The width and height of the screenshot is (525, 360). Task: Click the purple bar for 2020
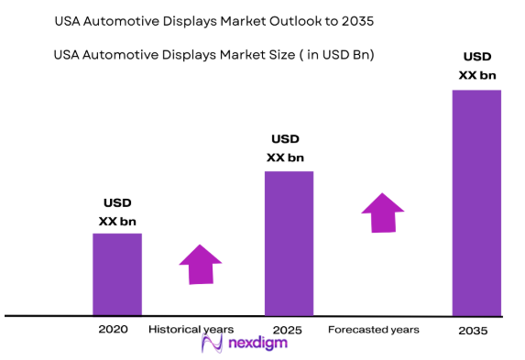[117, 274]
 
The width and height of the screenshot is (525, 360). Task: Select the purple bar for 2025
[289, 243]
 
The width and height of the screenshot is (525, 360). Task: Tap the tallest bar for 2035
[477, 202]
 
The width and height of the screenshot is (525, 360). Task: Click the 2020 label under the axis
[115, 328]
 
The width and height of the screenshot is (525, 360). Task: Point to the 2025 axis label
[288, 328]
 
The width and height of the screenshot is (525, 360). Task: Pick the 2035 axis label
[475, 330]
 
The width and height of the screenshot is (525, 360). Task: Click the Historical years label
[191, 328]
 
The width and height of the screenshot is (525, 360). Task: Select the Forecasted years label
[373, 329]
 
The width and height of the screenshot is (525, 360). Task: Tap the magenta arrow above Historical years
[200, 264]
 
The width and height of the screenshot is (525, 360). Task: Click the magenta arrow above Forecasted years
[382, 213]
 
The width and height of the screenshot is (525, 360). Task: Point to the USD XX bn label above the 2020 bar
[117, 212]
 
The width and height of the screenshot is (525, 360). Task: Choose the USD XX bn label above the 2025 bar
[285, 148]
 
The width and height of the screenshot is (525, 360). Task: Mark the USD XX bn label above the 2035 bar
[477, 66]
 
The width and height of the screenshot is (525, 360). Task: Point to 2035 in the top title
[357, 19]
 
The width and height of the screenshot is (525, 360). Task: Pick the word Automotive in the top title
[124, 19]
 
